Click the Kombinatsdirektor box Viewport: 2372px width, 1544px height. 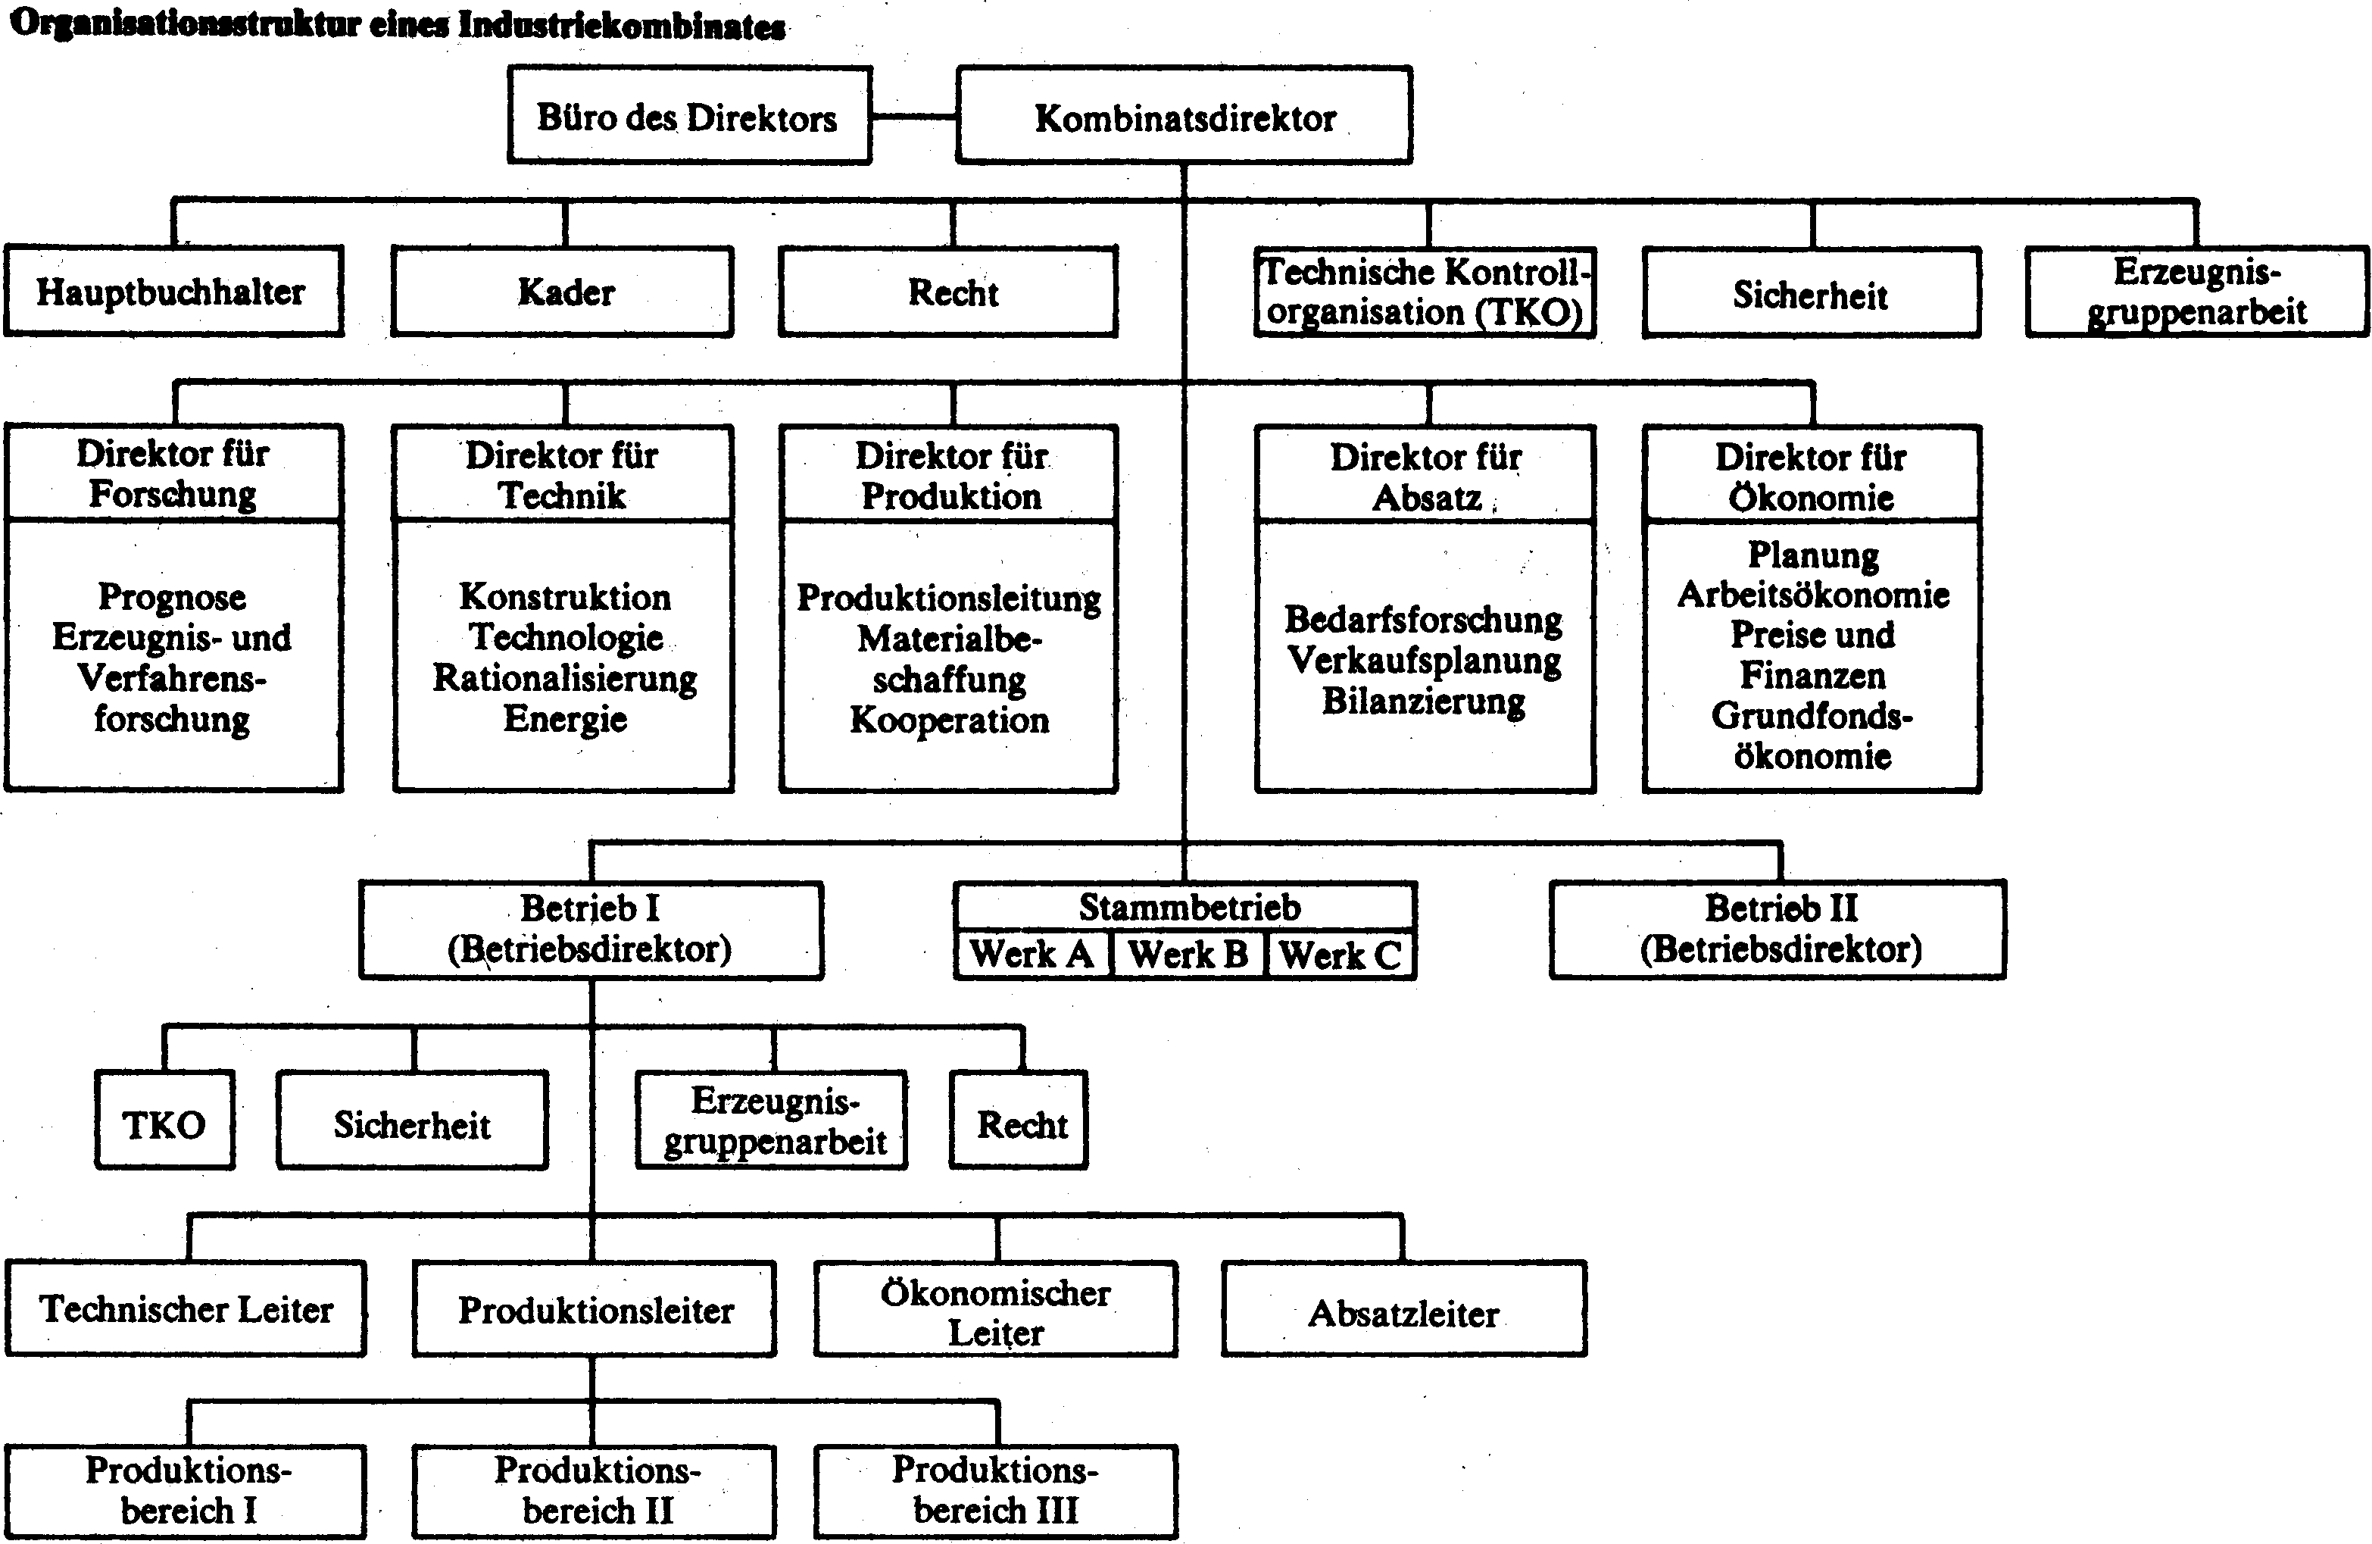tap(1184, 116)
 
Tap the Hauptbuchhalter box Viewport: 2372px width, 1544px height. tap(173, 291)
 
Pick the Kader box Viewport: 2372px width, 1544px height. tap(563, 291)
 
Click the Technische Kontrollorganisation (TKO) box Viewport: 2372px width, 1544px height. tap(1425, 292)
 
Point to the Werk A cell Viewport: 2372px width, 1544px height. tap(1032, 954)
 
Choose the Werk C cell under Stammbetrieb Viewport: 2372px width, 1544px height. tap(1340, 954)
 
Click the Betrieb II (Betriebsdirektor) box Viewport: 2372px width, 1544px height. tap(1778, 929)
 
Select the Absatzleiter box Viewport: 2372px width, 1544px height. tap(1404, 1310)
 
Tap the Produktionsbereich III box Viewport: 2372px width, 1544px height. tap(996, 1491)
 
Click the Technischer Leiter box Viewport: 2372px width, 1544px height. tap(186, 1308)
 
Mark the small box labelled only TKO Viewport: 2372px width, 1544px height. tap(164, 1120)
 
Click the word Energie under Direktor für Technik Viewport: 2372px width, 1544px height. tap(565, 719)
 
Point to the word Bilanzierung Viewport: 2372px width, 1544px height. tap(1425, 701)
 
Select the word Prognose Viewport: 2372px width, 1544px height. tap(171, 597)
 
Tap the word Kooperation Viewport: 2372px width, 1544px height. tap(950, 720)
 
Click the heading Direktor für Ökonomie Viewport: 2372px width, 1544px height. tap(1811, 477)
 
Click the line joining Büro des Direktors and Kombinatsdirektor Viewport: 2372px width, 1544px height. tap(915, 117)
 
